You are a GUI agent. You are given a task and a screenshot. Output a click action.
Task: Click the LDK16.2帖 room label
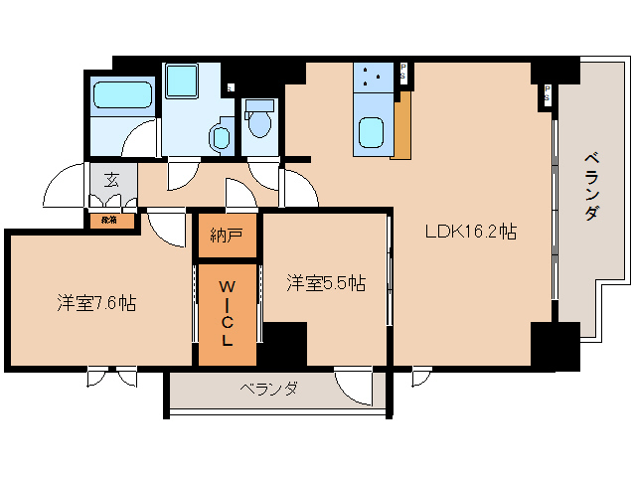tap(470, 232)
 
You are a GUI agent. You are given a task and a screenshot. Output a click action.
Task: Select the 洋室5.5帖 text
tap(326, 283)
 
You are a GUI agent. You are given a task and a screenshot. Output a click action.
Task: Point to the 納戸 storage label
tap(227, 236)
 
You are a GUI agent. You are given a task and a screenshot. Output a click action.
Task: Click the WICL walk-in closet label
tap(227, 313)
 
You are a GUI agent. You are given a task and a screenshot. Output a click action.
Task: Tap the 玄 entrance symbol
tap(111, 181)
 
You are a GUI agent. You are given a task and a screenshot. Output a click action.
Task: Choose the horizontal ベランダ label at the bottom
tap(268, 389)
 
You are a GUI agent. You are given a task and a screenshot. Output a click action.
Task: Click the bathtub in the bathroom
tap(122, 98)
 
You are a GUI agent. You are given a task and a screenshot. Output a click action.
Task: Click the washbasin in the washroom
tap(220, 136)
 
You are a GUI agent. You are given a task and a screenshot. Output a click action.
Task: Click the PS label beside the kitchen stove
tap(404, 73)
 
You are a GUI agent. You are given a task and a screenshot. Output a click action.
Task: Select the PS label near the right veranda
tap(547, 94)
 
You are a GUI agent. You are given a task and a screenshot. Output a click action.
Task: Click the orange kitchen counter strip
tap(402, 126)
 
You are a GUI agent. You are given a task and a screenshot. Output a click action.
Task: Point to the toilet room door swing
tap(264, 175)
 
